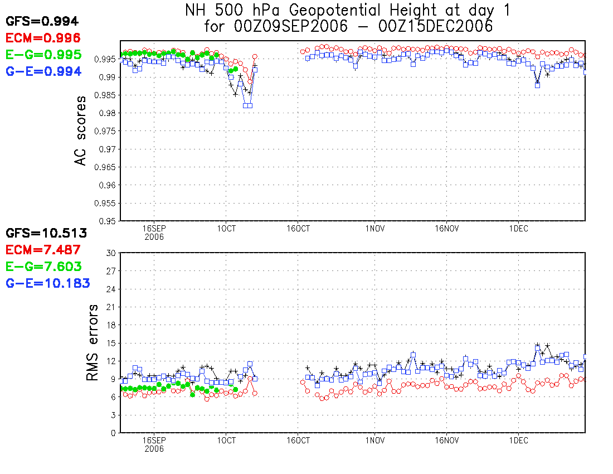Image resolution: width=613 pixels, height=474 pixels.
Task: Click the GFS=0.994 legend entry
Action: coord(42,22)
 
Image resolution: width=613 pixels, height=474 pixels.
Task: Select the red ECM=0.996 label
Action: coord(43,38)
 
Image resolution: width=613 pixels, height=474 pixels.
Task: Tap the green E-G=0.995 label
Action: coord(43,55)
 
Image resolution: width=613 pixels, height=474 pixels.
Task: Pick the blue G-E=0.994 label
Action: coord(43,71)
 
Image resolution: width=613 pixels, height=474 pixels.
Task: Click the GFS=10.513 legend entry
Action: coord(46,233)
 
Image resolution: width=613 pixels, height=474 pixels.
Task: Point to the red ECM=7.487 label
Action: coord(43,250)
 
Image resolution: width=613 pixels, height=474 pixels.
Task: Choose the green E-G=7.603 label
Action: coord(43,267)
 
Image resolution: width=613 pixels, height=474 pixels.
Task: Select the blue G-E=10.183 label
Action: coord(48,283)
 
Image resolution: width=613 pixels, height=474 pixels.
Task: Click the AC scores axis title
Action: coord(81,130)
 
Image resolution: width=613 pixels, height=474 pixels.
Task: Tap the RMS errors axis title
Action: coord(93,342)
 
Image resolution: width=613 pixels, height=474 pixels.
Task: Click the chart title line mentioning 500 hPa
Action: coord(347,9)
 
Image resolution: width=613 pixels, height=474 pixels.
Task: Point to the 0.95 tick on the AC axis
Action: coord(108,221)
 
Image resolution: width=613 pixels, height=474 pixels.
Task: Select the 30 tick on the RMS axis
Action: coord(110,253)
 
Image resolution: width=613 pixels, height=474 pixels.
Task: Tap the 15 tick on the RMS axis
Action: coord(110,343)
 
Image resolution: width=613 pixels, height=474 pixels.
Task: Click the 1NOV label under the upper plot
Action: coord(374,228)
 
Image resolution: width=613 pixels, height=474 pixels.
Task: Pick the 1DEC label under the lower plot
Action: coord(518,440)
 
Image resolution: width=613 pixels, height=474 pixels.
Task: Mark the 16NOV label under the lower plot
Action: coord(446,440)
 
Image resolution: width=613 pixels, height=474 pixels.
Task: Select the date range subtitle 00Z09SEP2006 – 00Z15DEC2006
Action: coord(348,26)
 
